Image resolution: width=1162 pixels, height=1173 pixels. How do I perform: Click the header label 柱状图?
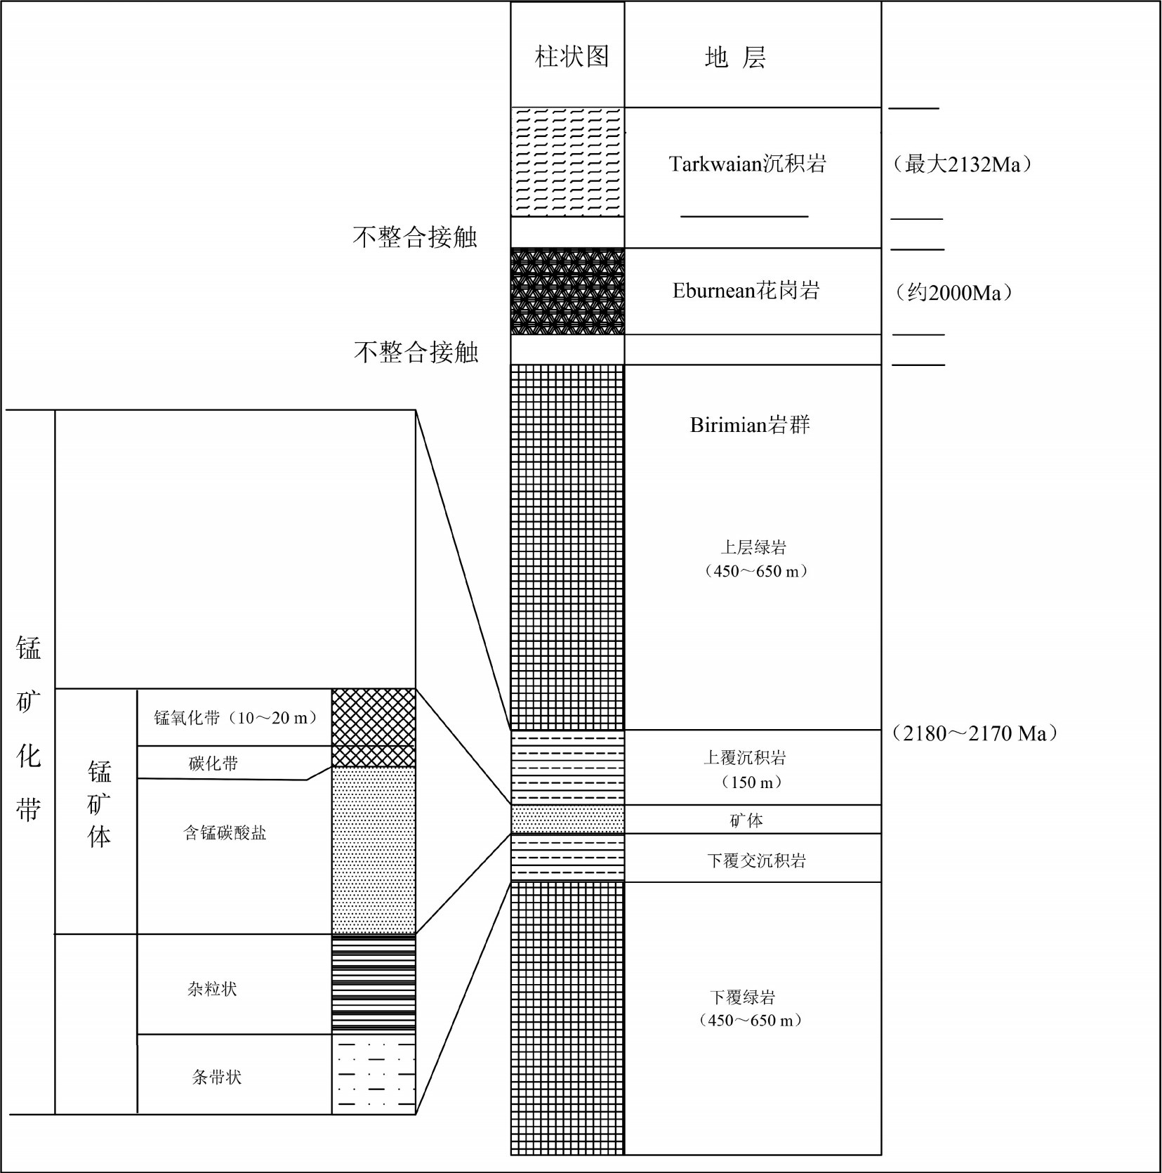572,56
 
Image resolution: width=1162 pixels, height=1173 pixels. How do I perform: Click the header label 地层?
734,58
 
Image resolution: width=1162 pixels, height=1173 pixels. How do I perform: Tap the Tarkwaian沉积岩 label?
747,164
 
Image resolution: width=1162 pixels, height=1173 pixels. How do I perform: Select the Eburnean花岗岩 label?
746,290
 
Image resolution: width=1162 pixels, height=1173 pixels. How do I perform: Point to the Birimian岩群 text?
750,425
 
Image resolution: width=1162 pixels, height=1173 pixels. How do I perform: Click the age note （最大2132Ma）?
962,164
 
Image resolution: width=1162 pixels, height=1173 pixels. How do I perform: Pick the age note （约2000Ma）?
953,292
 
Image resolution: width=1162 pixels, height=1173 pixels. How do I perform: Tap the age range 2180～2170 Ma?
975,733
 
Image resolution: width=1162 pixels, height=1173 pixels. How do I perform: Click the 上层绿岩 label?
753,547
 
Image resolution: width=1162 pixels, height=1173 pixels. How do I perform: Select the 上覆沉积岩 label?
745,757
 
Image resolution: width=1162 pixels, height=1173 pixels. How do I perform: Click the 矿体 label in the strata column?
746,820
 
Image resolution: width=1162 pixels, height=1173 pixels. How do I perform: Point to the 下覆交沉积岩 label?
756,860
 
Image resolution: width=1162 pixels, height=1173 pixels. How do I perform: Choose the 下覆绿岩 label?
742,997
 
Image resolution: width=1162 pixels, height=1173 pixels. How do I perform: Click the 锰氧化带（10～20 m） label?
235,717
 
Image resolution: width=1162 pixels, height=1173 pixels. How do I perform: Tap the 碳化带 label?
213,763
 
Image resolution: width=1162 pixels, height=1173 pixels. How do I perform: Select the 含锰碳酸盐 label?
225,833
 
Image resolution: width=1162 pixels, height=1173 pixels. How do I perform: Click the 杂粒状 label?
212,989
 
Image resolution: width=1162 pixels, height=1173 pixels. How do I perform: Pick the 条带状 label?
217,1077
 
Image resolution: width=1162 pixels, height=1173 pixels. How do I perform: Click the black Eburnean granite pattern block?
567,291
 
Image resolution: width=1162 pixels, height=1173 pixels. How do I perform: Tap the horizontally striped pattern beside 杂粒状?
374,984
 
